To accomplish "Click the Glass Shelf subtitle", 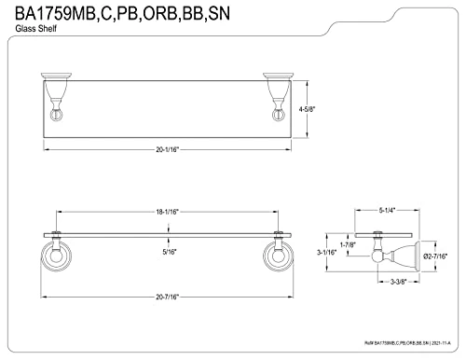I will [x=34, y=31].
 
